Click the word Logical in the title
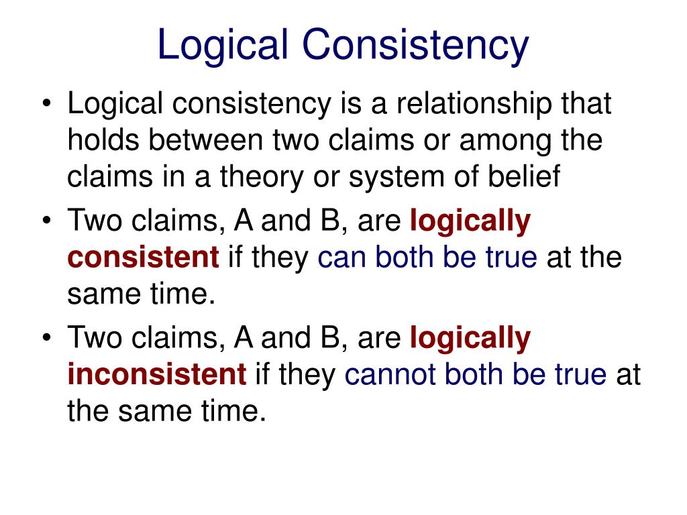coord(221,45)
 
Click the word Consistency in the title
coord(414,45)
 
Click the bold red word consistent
coord(143,257)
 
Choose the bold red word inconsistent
coord(157,375)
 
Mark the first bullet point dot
coord(46,107)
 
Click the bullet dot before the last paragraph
coord(46,340)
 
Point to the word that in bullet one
coord(588,105)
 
